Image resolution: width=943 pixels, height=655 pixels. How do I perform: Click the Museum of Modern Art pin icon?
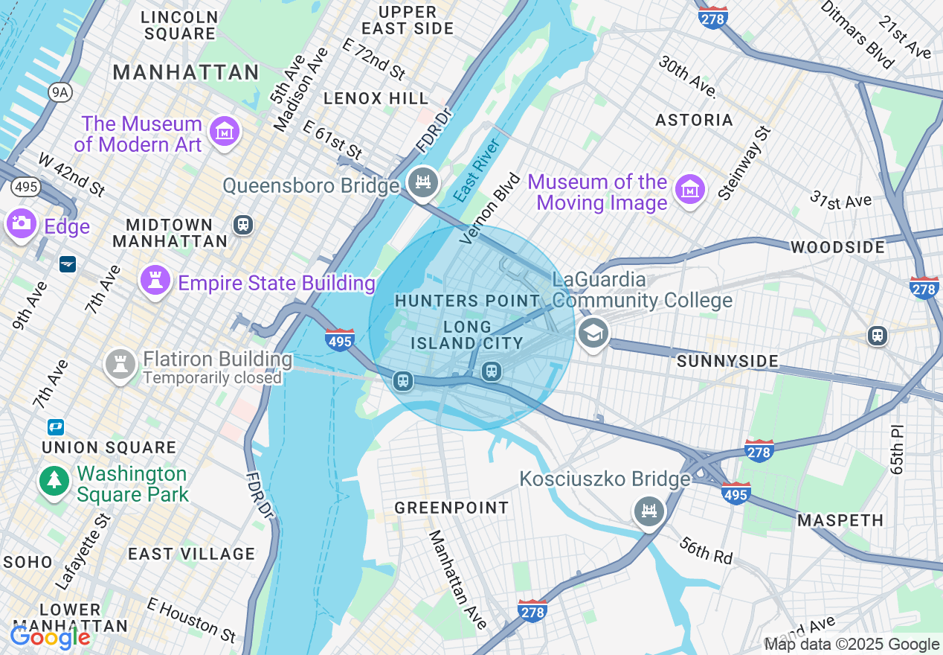[x=223, y=132]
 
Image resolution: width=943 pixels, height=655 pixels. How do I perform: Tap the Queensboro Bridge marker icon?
[x=423, y=182]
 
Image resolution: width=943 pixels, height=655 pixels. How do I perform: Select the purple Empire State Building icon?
[x=155, y=281]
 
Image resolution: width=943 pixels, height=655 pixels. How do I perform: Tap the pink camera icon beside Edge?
[x=21, y=223]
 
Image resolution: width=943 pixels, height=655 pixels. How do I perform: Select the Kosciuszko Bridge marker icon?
[x=649, y=511]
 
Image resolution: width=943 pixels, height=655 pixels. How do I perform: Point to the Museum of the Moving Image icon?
[x=689, y=190]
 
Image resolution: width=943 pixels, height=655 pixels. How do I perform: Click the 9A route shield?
[x=59, y=92]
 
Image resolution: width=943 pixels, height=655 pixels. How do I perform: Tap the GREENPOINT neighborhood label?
[x=451, y=508]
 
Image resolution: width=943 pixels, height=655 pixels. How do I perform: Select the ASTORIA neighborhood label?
[x=694, y=120]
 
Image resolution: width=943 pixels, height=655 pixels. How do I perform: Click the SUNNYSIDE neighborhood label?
[x=728, y=362]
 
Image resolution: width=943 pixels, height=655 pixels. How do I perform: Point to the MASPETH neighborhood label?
[x=840, y=520]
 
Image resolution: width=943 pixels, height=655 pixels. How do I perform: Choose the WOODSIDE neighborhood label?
[x=837, y=247]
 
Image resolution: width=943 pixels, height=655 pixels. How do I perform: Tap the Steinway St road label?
[x=744, y=162]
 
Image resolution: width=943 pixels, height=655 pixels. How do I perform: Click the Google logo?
[x=50, y=637]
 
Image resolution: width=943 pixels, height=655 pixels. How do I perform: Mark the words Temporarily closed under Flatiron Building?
[x=212, y=378]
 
